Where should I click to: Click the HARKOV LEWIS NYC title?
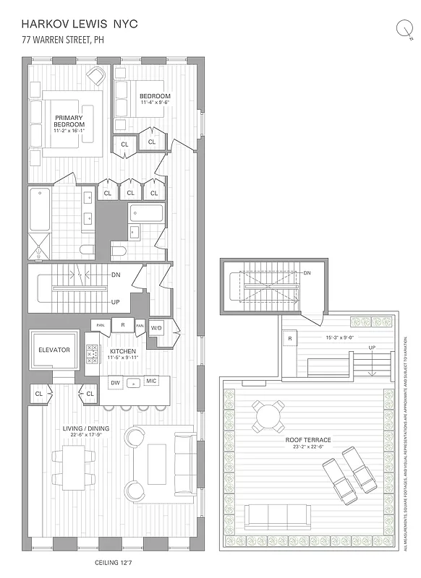[80, 24]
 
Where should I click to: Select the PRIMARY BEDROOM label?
[69, 121]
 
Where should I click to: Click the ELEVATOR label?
[54, 350]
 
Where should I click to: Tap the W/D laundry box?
[157, 327]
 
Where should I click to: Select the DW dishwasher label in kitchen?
[114, 381]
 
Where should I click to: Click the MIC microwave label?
[151, 381]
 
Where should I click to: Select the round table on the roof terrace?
[269, 415]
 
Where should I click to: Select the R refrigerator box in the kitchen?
[123, 325]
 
